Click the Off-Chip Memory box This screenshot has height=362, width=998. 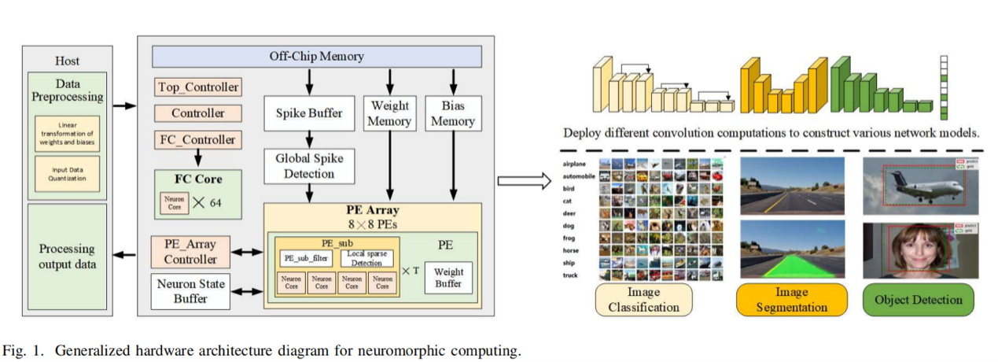(316, 57)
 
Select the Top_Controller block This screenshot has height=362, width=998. (197, 87)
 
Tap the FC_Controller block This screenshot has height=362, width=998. (197, 140)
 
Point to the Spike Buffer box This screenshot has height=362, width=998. (309, 113)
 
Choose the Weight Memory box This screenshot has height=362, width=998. (389, 113)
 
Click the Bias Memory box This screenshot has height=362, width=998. (452, 113)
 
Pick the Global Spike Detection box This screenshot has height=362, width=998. (309, 165)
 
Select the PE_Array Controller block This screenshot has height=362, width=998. (190, 252)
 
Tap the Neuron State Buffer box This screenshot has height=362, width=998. (190, 291)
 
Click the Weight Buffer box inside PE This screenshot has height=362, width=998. (448, 277)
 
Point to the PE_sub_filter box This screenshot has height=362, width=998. (306, 257)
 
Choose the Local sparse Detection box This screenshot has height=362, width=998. (366, 258)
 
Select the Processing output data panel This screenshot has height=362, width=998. (67, 256)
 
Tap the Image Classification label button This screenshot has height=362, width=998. (643, 300)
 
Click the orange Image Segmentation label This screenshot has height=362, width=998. (792, 300)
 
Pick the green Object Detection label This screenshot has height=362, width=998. (918, 300)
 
